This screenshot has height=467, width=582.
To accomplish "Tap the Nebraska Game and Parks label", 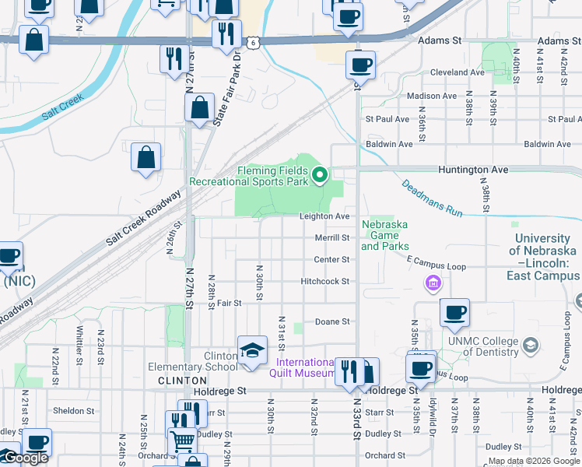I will [x=385, y=235].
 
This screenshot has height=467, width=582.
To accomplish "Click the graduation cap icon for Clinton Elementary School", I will [x=252, y=352].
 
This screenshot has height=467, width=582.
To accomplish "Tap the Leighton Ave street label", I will [x=325, y=216].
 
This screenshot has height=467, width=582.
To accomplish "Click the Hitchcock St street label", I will [x=325, y=281].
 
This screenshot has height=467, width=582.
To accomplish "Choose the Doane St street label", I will [x=332, y=321].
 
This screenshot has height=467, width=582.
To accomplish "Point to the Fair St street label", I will [x=230, y=303].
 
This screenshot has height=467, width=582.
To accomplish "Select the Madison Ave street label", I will [x=432, y=96].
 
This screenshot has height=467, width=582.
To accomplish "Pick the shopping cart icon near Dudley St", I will [x=183, y=441].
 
